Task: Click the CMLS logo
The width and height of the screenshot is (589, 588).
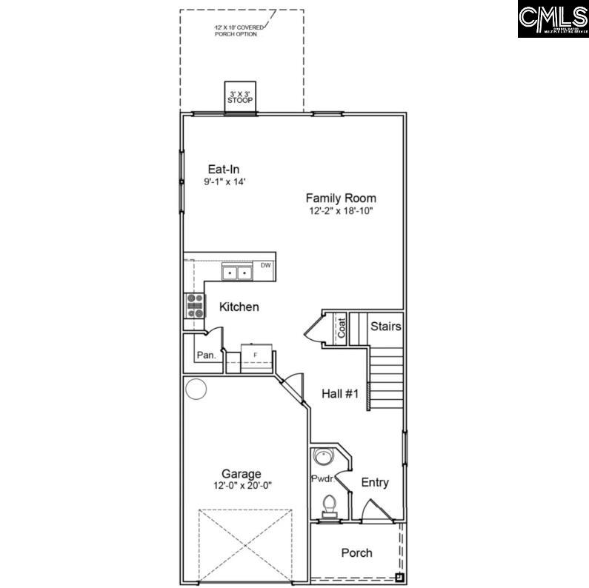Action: [x=553, y=19]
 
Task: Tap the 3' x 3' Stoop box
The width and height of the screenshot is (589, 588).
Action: [x=240, y=96]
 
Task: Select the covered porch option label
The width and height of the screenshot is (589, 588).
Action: [x=236, y=30]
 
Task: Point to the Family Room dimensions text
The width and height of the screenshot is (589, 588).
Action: [x=341, y=211]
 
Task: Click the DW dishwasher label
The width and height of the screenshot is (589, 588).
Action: [x=265, y=265]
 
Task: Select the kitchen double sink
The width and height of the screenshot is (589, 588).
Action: [x=238, y=273]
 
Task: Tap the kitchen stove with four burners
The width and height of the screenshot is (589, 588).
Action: [x=195, y=306]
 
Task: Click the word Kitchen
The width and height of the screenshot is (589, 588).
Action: [x=239, y=307]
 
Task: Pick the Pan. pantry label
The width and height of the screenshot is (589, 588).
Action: [x=207, y=355]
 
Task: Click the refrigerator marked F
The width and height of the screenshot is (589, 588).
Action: [x=256, y=355]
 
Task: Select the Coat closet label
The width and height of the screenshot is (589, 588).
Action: [x=342, y=328]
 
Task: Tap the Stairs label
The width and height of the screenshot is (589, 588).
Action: [x=385, y=326]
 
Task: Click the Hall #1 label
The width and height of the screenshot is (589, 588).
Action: [x=340, y=395]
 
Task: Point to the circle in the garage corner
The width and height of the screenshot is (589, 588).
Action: [x=196, y=389]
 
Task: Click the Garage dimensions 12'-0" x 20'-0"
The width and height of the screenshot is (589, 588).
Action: [x=242, y=486]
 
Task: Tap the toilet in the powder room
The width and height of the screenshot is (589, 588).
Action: [x=330, y=506]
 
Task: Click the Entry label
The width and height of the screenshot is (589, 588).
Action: [x=375, y=483]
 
